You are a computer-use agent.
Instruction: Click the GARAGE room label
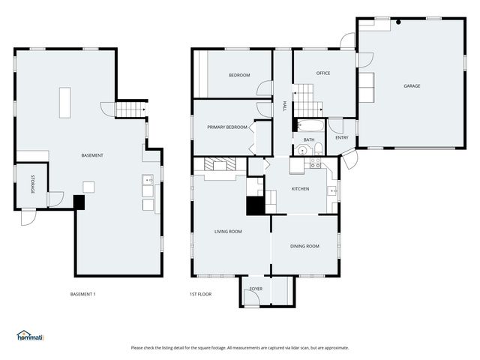point(412,86)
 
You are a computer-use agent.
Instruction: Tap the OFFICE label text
point(323,73)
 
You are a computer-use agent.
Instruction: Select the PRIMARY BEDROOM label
point(227,127)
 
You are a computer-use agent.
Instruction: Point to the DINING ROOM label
point(304,246)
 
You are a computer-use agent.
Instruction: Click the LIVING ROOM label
point(228,232)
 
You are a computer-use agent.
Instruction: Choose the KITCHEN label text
point(300,189)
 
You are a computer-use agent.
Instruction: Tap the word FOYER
point(256,288)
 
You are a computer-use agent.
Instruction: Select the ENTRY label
point(341,137)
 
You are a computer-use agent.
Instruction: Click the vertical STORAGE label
point(32,184)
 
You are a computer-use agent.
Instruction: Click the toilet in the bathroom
point(318,147)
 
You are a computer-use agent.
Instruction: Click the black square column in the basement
point(79,202)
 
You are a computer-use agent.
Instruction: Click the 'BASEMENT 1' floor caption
point(82,294)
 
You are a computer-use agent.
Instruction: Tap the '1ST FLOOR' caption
point(200,294)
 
